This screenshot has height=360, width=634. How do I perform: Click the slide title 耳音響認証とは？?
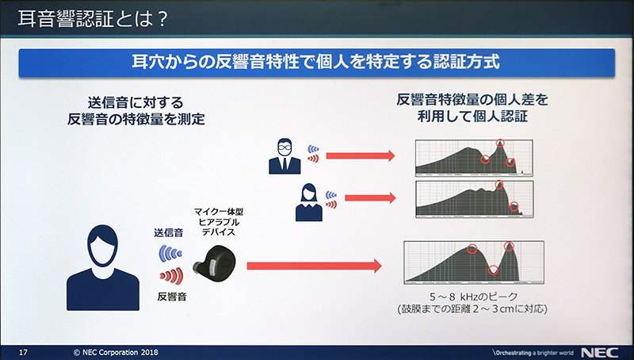click(92, 17)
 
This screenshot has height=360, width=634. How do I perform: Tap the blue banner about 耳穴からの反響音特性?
click(316, 62)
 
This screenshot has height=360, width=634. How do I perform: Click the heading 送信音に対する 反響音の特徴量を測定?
click(142, 110)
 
